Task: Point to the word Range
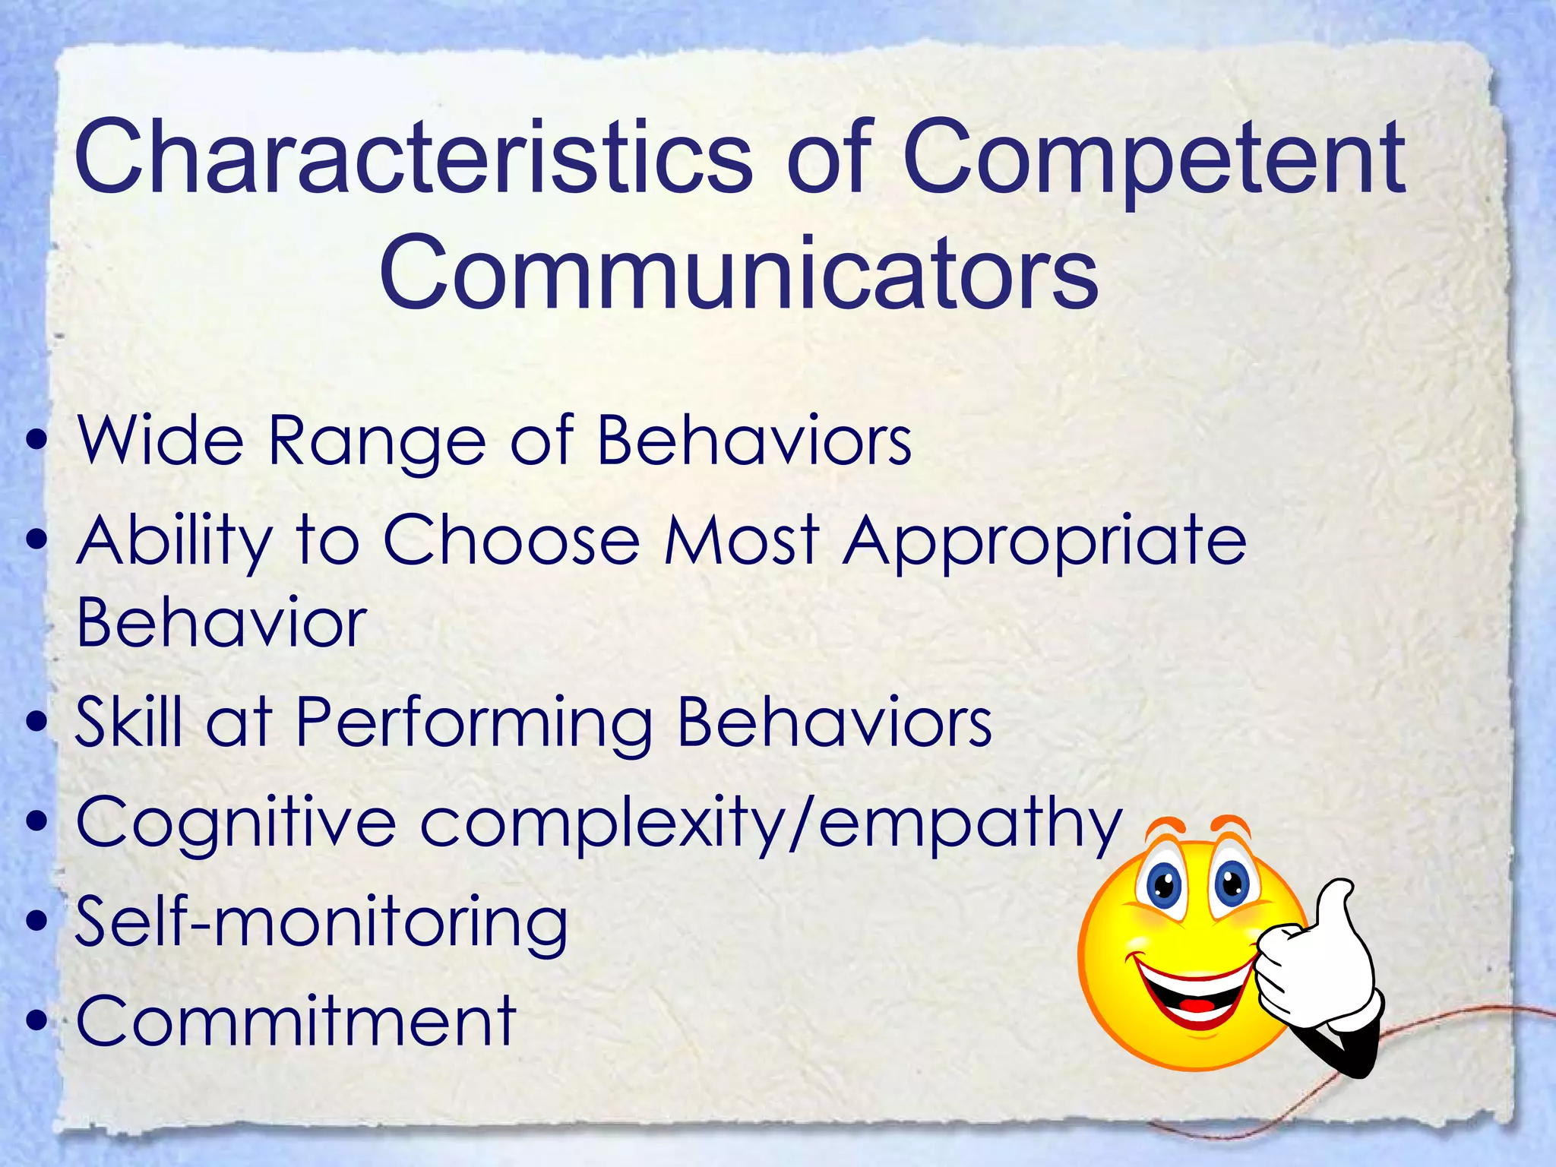pyautogui.click(x=377, y=443)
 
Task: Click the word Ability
pyautogui.click(x=173, y=542)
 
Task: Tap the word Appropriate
pyautogui.click(x=1045, y=542)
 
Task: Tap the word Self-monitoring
pyautogui.click(x=321, y=924)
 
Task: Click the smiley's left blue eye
pyautogui.click(x=1163, y=885)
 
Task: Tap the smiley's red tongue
pyautogui.click(x=1200, y=1005)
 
